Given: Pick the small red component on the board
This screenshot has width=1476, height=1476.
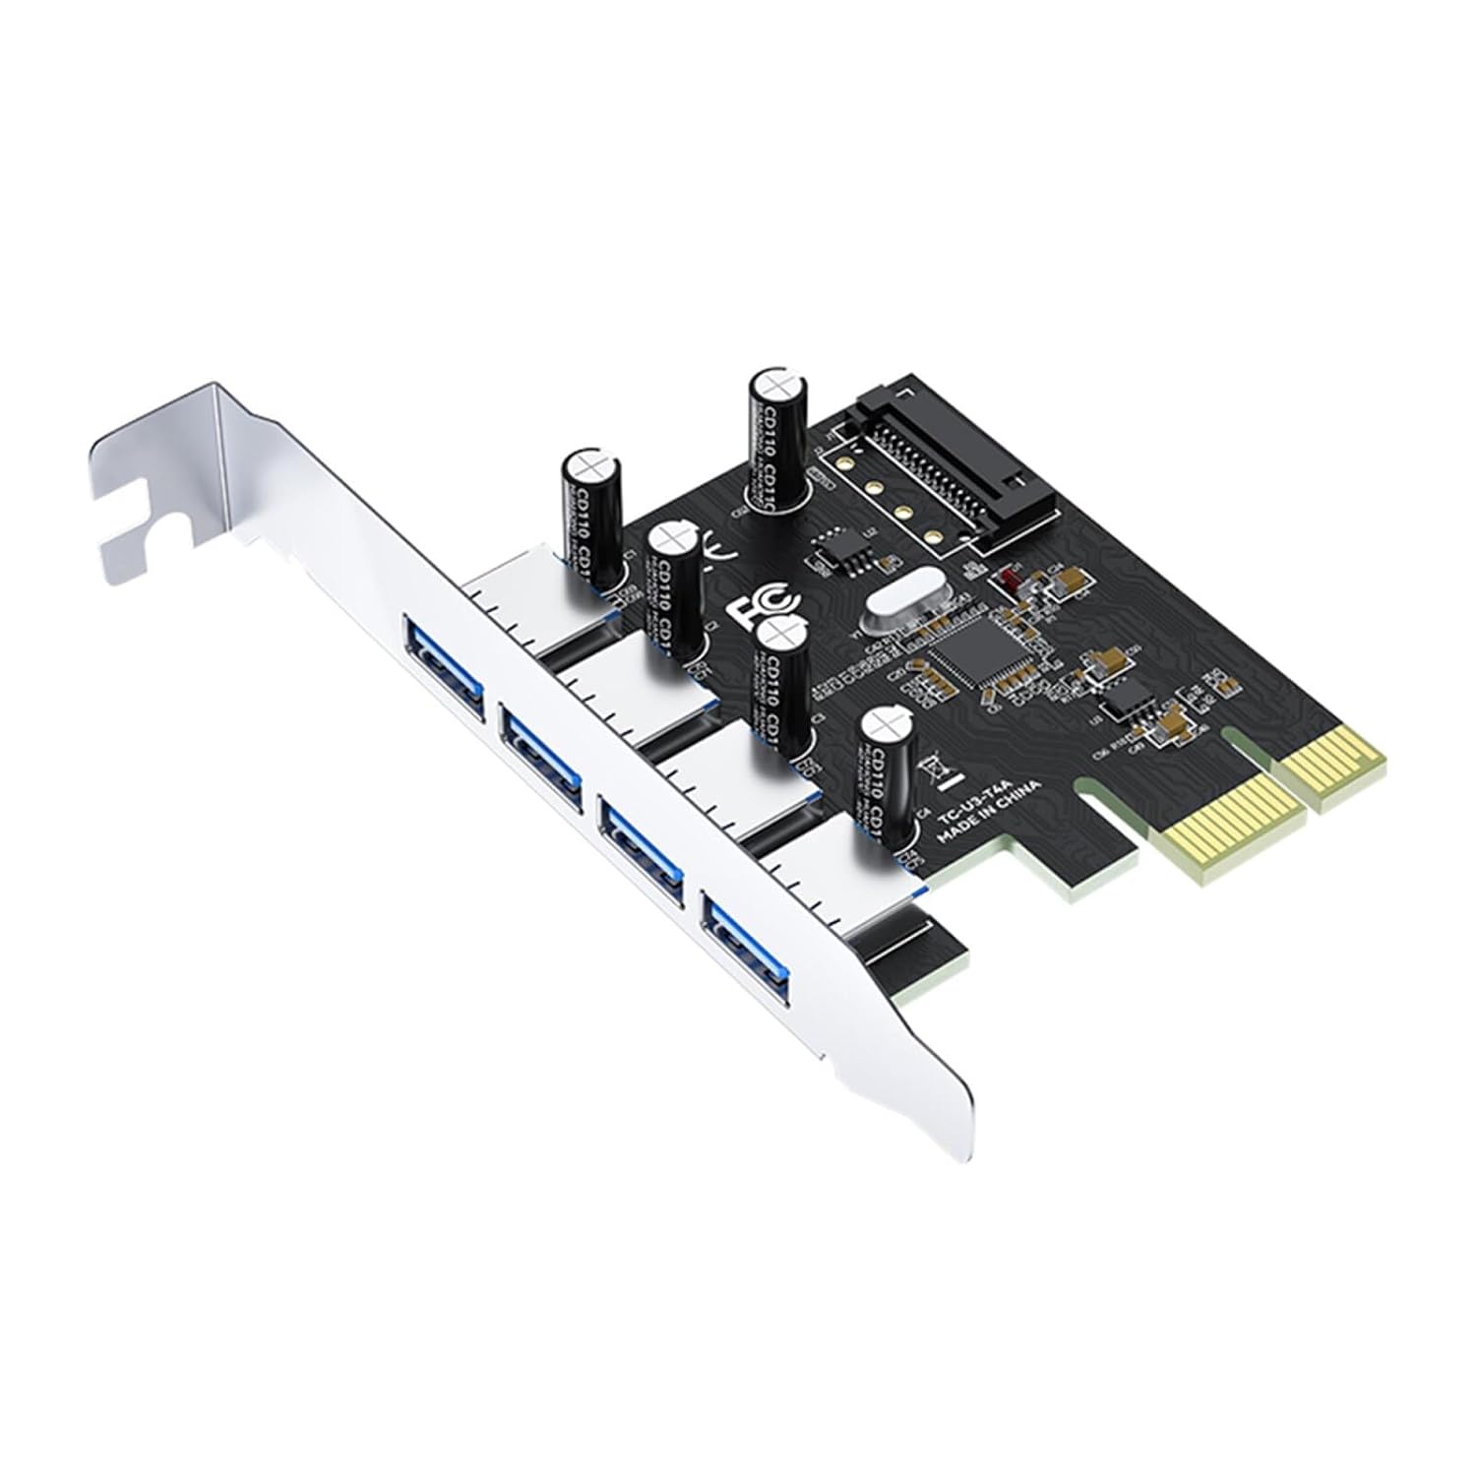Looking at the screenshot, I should click(1007, 579).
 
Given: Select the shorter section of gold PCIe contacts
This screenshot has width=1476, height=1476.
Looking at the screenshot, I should click(1335, 755).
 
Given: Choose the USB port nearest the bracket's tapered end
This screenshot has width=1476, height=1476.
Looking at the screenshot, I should click(745, 941).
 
